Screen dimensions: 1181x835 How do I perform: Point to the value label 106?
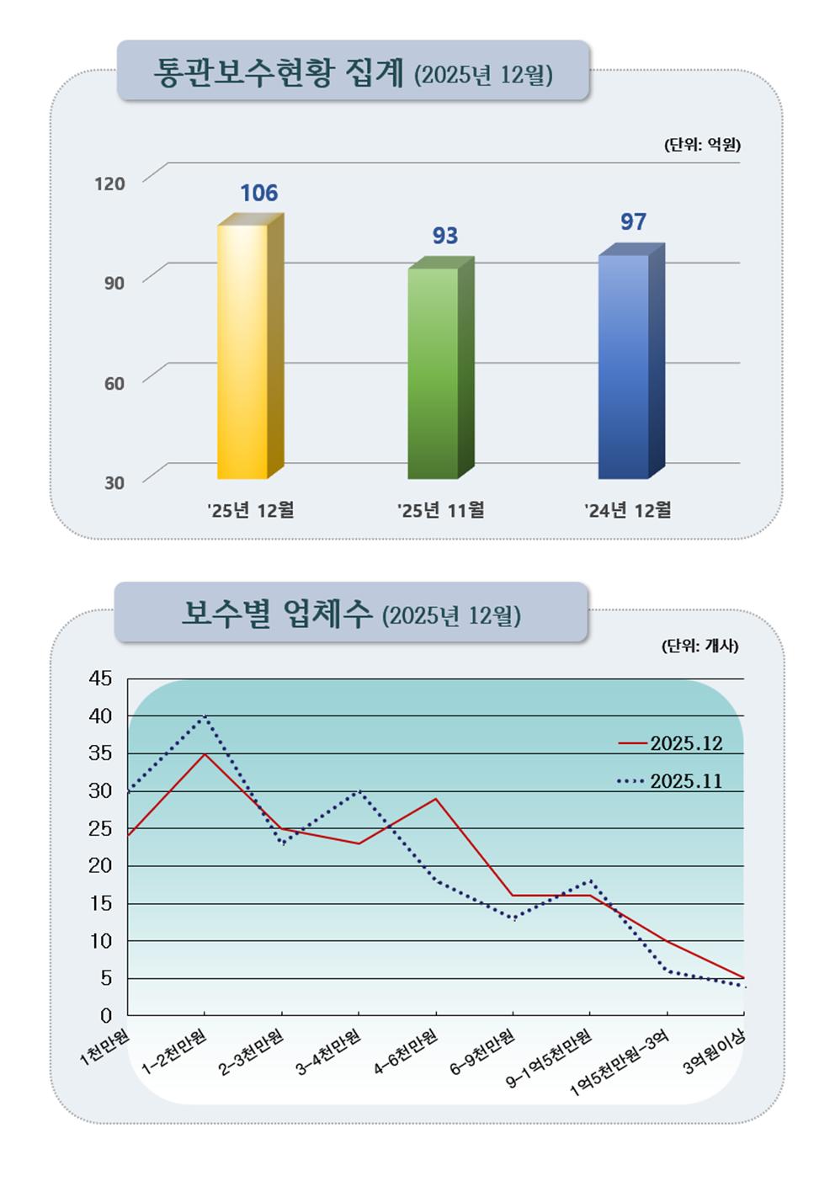pos(258,194)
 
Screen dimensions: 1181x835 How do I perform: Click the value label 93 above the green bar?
pos(445,236)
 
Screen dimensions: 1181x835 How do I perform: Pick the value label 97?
pos(633,222)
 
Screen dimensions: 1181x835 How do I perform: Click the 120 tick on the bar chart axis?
pos(109,184)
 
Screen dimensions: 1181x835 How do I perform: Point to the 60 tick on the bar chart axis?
pos(114,384)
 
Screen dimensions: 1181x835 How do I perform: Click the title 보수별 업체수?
pos(277,614)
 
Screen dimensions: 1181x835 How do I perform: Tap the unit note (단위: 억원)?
pos(702,145)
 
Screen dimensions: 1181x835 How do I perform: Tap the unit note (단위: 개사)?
pos(699,646)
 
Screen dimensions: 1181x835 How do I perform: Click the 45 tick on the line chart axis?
pos(100,678)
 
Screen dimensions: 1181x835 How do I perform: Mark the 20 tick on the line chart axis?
pos(100,865)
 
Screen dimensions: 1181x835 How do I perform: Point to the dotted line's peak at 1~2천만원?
pos(205,716)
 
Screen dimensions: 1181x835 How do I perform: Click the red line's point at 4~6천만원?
pos(435,799)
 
